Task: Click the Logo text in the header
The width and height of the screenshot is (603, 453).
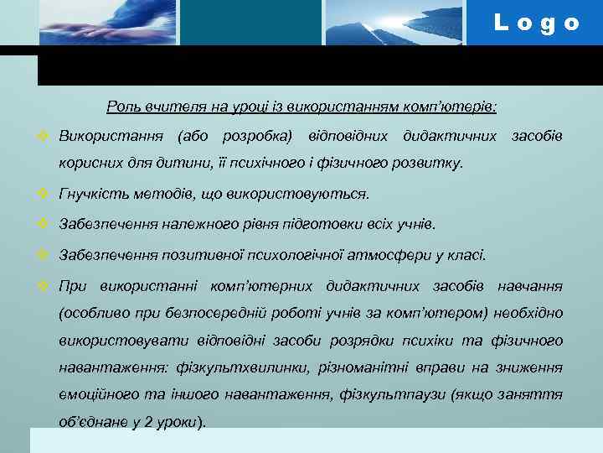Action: (537, 23)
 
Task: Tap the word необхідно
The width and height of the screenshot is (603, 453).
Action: (528, 314)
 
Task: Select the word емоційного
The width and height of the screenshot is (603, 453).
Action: (95, 395)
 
